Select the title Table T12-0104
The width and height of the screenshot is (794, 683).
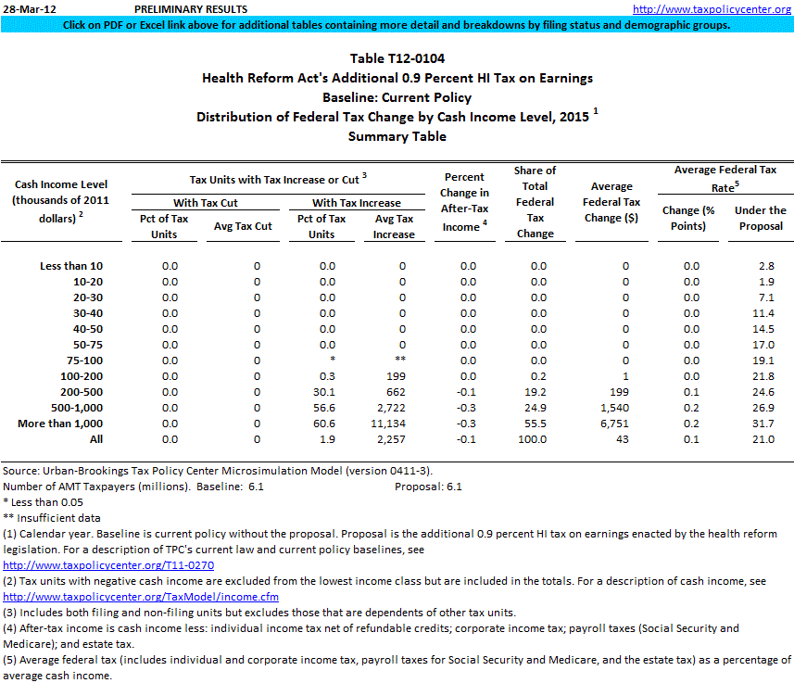tap(397, 58)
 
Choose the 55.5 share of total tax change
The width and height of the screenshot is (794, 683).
tap(535, 423)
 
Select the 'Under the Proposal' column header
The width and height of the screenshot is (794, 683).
tap(760, 218)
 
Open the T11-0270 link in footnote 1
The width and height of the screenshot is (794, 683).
tap(109, 564)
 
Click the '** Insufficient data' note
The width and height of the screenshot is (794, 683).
tap(52, 518)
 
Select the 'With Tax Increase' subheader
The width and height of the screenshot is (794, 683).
tap(356, 203)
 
